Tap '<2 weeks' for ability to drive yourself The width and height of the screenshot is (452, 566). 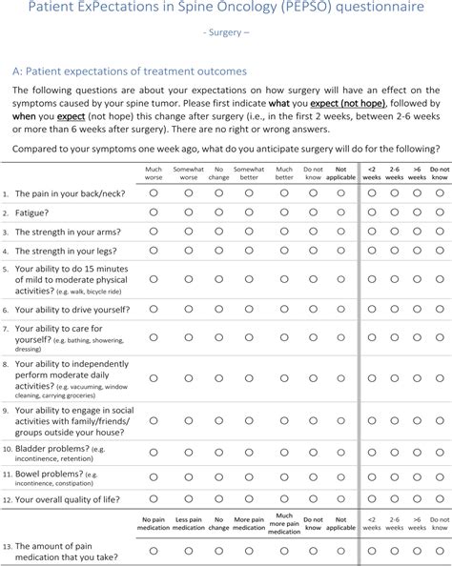372,310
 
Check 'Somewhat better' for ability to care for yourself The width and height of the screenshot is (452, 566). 250,338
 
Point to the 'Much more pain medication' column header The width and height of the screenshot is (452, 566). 283,523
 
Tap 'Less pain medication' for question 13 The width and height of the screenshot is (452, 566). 188,551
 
